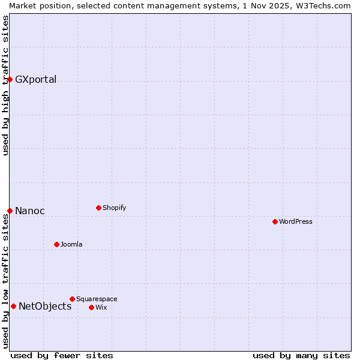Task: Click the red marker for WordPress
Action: click(x=275, y=221)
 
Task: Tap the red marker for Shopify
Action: click(x=98, y=208)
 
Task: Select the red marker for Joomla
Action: click(x=56, y=244)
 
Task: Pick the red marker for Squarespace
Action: click(x=72, y=299)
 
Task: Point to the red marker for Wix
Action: click(x=91, y=307)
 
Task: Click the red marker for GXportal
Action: click(x=10, y=79)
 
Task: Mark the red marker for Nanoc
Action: click(x=10, y=211)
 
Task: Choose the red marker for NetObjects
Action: click(x=13, y=306)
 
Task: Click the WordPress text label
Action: click(x=296, y=221)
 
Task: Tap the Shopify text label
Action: click(x=115, y=208)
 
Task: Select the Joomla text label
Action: click(x=71, y=244)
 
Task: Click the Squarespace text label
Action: click(x=97, y=299)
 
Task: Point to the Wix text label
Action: click(x=101, y=307)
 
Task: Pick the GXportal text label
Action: click(x=36, y=80)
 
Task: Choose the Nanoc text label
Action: click(x=30, y=211)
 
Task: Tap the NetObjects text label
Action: click(x=45, y=307)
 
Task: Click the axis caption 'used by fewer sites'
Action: click(x=62, y=355)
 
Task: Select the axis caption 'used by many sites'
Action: click(x=301, y=355)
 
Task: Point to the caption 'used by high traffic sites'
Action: click(x=5, y=85)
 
